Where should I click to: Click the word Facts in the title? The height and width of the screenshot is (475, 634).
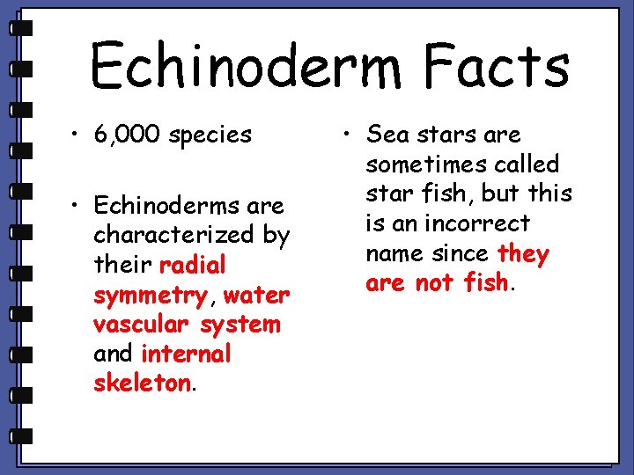click(494, 67)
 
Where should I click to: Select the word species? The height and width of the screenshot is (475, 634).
click(211, 136)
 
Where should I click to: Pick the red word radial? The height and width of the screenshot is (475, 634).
click(193, 265)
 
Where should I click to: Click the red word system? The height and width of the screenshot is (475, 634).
click(240, 325)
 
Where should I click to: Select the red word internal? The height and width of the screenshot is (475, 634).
click(185, 354)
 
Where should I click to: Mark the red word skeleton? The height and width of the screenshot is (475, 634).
click(142, 384)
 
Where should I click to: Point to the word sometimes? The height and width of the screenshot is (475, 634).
click(417, 164)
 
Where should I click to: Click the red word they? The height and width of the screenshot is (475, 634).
click(523, 254)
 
